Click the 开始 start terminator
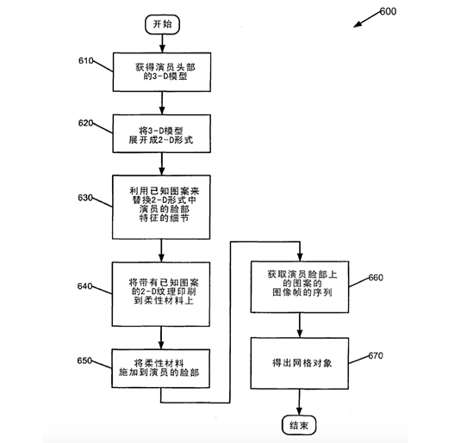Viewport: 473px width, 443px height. click(162, 24)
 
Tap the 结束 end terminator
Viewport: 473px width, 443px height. click(299, 425)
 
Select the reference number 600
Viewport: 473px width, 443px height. click(388, 11)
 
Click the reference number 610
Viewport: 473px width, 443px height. click(85, 61)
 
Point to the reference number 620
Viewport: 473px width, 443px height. click(85, 123)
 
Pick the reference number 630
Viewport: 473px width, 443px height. click(85, 198)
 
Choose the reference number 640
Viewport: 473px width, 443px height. click(84, 286)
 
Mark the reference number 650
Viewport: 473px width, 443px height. click(84, 360)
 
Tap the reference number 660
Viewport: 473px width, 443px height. click(376, 278)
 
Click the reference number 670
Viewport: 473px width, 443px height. click(376, 356)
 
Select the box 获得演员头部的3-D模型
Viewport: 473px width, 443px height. click(162, 72)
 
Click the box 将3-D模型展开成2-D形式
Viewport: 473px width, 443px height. click(162, 133)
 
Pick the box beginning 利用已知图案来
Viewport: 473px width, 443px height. click(161, 207)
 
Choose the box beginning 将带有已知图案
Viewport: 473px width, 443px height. click(161, 294)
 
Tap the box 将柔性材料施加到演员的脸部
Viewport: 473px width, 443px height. click(161, 368)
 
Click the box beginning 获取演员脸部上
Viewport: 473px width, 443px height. click(300, 287)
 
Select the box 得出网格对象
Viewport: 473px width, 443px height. click(300, 363)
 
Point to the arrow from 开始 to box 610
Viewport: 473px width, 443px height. click(162, 43)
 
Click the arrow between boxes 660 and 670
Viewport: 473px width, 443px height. click(300, 325)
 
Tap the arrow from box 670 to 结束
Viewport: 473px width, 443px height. click(299, 403)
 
